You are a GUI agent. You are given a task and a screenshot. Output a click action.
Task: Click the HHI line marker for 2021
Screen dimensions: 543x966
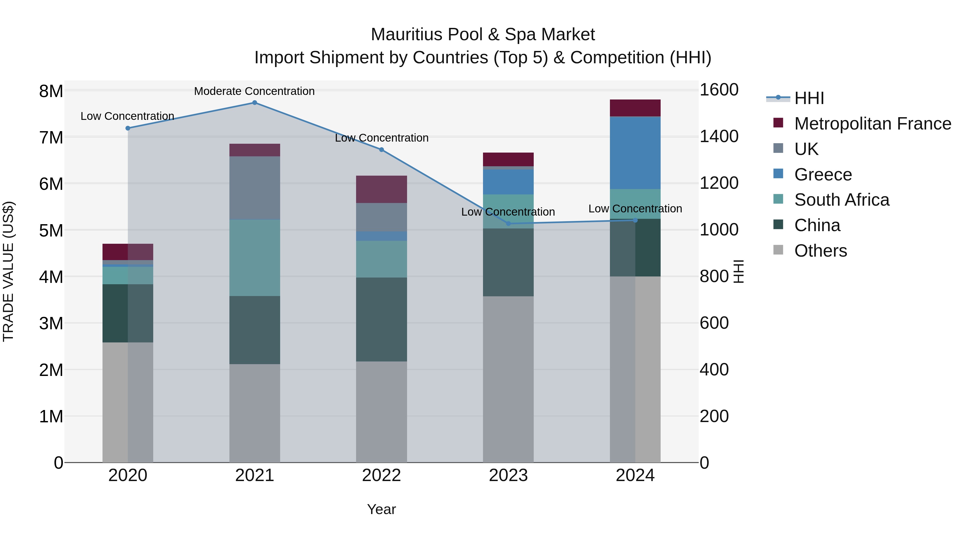[x=254, y=103]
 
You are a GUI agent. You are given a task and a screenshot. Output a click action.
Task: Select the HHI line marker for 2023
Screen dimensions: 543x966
[x=508, y=224]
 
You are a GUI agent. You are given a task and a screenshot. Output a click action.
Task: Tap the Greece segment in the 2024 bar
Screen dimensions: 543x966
[x=635, y=153]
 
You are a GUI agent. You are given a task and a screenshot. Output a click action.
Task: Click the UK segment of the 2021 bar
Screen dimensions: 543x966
[x=254, y=188]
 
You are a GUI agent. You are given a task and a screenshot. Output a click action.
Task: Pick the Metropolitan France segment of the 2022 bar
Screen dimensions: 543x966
[x=381, y=189]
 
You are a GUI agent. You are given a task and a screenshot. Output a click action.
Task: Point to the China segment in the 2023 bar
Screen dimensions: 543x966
[x=508, y=262]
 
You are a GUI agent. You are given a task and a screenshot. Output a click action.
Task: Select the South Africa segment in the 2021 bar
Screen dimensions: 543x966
[x=254, y=258]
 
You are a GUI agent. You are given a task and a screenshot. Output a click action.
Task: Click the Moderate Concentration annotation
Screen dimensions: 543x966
[x=254, y=91]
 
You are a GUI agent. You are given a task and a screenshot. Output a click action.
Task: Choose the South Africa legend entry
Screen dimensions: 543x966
[x=841, y=200]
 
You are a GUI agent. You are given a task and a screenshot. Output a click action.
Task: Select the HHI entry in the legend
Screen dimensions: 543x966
[x=809, y=98]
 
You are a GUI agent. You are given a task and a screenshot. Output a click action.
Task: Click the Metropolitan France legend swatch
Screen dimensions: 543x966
[x=778, y=123]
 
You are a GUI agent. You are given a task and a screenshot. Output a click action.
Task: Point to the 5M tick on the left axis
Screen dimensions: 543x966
[x=51, y=230]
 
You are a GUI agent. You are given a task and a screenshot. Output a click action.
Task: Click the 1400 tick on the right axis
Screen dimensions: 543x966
[x=719, y=136]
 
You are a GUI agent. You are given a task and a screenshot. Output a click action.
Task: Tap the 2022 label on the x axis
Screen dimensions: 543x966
[x=381, y=475]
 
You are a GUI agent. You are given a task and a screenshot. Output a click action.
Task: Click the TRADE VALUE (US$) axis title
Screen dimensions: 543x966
[x=8, y=271]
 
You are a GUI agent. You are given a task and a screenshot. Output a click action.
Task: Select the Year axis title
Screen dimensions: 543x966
[x=381, y=509]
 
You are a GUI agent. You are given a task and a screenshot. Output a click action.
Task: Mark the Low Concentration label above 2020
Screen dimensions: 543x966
[x=127, y=116]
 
